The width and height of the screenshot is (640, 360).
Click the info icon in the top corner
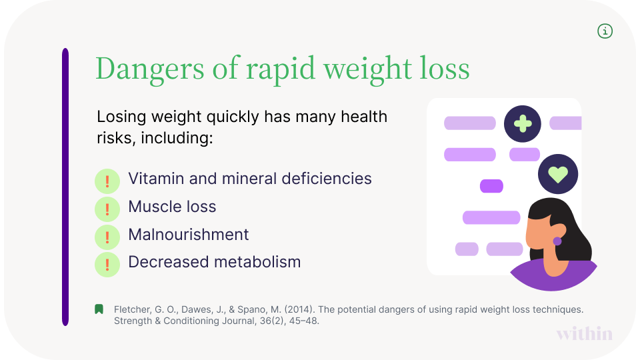pos(605,31)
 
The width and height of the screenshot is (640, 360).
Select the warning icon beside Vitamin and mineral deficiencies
pos(107,181)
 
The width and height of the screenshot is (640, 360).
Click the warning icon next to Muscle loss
pos(107,209)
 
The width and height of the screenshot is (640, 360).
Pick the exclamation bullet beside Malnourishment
pos(107,237)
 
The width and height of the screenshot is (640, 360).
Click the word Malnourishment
pos(188,235)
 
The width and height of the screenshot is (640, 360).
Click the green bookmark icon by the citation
pos(99,309)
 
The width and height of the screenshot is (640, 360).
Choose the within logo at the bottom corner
pos(584,333)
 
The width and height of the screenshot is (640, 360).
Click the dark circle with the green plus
pos(522,123)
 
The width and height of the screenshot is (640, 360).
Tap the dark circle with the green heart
pos(557,175)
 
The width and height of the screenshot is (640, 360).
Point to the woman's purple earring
pos(557,241)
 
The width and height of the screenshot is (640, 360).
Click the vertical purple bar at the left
pos(65,187)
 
